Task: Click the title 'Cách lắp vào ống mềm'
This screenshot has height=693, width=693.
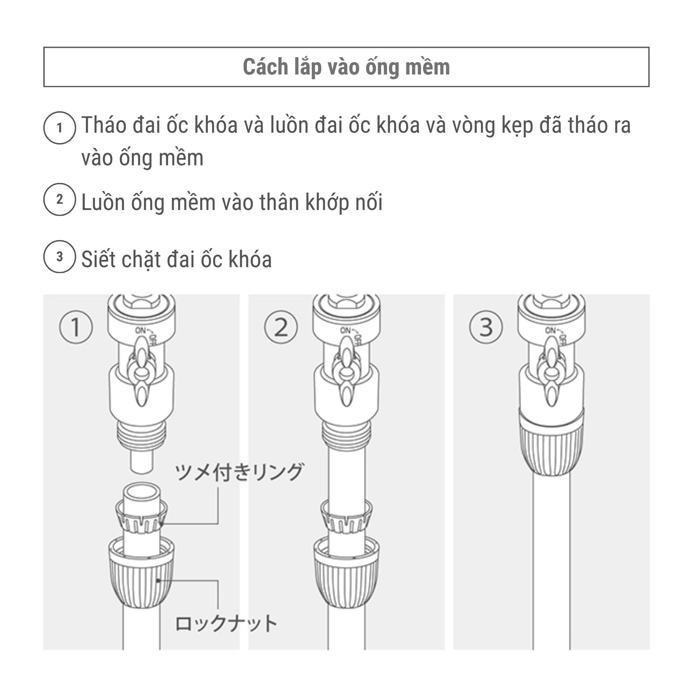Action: [346, 67]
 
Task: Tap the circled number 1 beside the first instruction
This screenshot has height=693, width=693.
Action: [60, 128]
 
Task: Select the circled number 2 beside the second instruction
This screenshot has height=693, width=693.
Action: [60, 200]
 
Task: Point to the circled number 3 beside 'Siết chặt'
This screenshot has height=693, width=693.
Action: [60, 256]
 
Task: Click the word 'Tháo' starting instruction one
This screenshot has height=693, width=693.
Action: [104, 125]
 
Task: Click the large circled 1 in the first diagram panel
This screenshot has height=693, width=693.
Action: [76, 327]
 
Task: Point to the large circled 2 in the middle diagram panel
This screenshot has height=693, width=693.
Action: [281, 327]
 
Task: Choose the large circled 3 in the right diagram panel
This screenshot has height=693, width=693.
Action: [486, 327]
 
